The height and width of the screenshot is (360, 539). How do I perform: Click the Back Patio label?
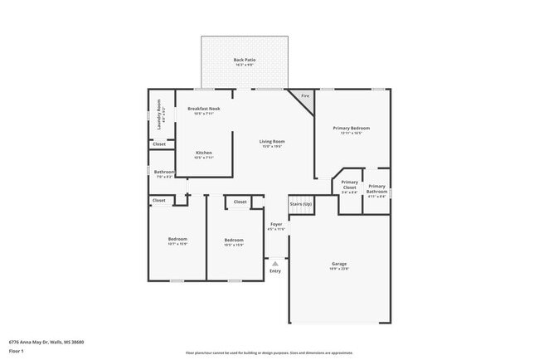pyautogui.click(x=244, y=60)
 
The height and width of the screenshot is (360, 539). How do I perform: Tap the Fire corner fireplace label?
pyautogui.click(x=304, y=96)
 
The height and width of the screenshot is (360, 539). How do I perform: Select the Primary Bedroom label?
pyautogui.click(x=351, y=128)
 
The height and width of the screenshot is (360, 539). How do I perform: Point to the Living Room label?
pyautogui.click(x=272, y=142)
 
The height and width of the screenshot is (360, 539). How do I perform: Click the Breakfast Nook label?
pyautogui.click(x=203, y=109)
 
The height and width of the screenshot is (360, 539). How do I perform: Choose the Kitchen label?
pyautogui.click(x=203, y=153)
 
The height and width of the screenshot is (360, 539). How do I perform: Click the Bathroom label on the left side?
pyautogui.click(x=163, y=173)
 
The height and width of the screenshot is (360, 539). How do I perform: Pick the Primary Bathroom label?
pyautogui.click(x=376, y=187)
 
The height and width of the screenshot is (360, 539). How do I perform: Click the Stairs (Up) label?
pyautogui.click(x=300, y=204)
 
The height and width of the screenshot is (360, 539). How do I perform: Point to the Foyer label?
pyautogui.click(x=275, y=224)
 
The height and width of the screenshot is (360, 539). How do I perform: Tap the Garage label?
pyautogui.click(x=339, y=264)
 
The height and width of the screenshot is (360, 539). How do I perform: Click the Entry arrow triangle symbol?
pyautogui.click(x=275, y=263)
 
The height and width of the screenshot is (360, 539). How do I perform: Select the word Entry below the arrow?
pyautogui.click(x=275, y=271)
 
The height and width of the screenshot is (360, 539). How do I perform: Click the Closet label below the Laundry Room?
pyautogui.click(x=158, y=144)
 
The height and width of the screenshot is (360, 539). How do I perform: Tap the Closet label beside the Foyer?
pyautogui.click(x=240, y=202)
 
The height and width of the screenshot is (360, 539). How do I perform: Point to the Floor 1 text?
pyautogui.click(x=17, y=351)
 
